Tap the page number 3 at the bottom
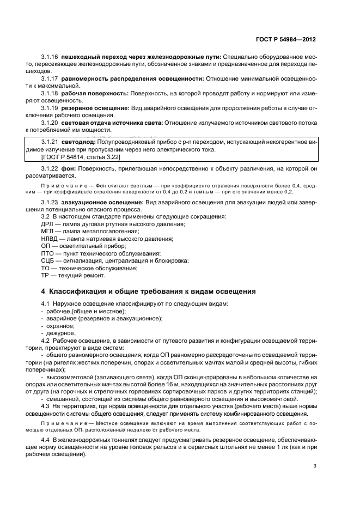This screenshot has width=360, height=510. tap(314, 466)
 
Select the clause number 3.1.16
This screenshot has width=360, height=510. tap(50, 57)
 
